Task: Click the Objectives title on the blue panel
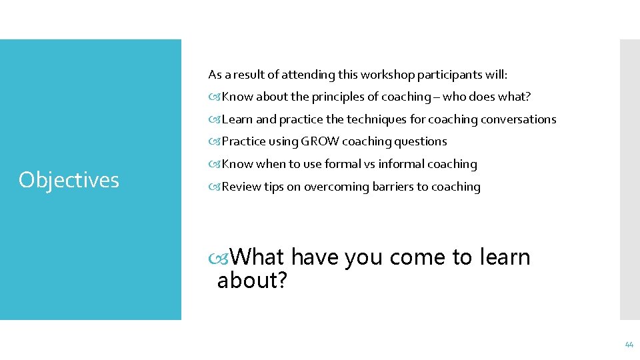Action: click(x=69, y=179)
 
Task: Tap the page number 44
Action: click(x=629, y=345)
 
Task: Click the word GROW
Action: click(x=320, y=141)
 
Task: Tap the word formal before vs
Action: click(x=342, y=164)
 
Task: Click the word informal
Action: click(x=401, y=164)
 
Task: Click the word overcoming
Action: click(x=331, y=187)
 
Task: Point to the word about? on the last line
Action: click(x=252, y=281)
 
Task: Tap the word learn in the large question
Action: click(x=504, y=257)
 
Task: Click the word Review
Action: click(x=241, y=187)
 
